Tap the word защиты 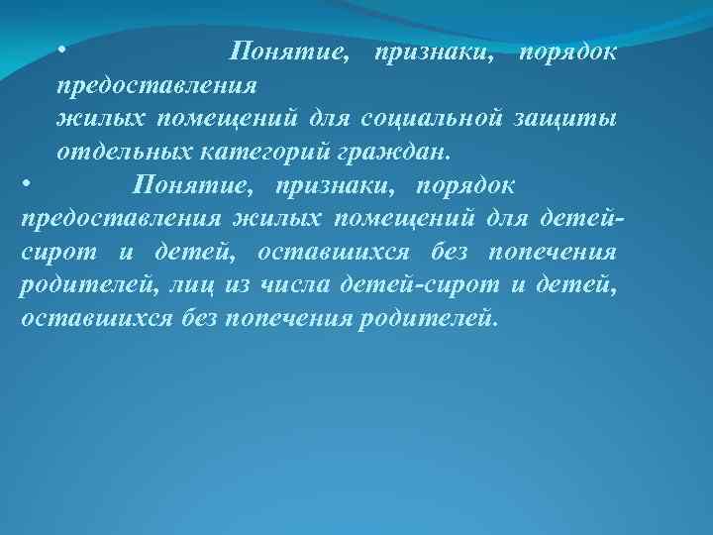(x=566, y=119)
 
